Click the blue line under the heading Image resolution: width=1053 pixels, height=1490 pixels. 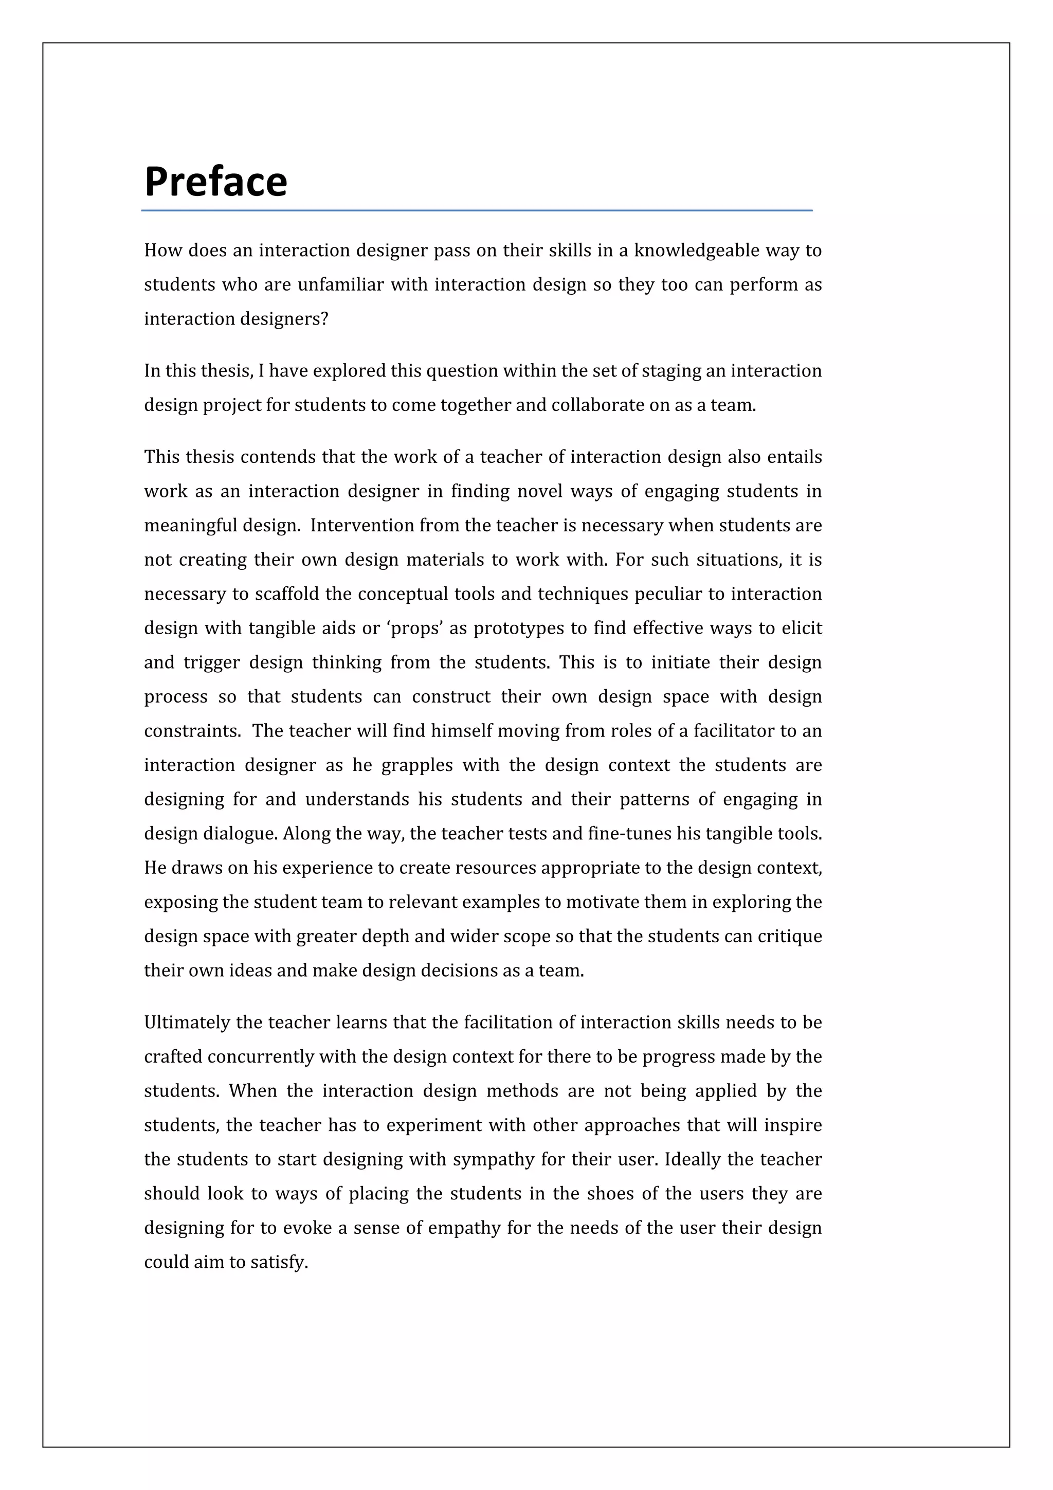pos(477,210)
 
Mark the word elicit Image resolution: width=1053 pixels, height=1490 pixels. pos(802,628)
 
